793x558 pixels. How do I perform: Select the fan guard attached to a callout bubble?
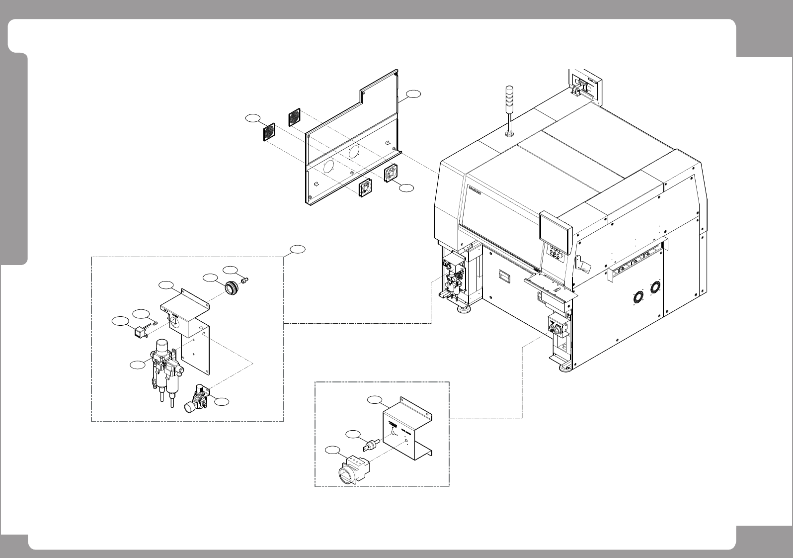point(269,132)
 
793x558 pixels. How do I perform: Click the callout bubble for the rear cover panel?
point(413,93)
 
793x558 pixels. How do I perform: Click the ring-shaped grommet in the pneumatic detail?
point(230,287)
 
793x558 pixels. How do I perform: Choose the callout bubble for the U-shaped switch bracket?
point(376,400)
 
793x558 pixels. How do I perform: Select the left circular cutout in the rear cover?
point(328,167)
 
